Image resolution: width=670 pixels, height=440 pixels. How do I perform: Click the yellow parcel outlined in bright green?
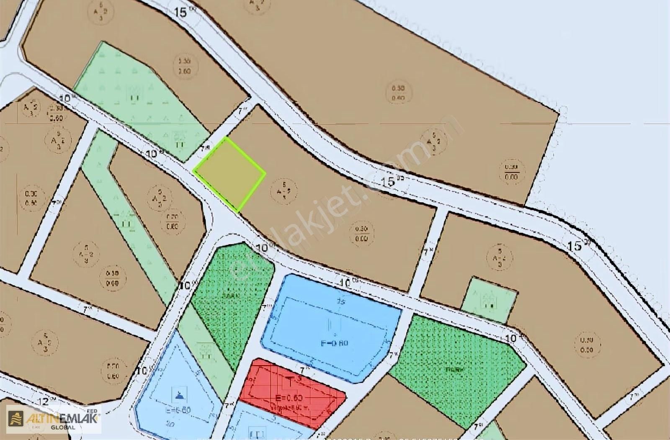coord(229,173)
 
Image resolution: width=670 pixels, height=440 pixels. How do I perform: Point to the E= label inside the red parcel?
coord(289,397)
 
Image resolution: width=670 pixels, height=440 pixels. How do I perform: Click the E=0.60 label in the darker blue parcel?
coord(334,343)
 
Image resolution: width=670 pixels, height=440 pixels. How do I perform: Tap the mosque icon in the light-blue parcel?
coord(180,394)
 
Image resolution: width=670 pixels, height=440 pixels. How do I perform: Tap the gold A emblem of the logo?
coord(16,417)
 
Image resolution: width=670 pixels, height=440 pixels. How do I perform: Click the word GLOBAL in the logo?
coord(63,427)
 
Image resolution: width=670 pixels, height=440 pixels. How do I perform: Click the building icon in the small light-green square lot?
coord(488,301)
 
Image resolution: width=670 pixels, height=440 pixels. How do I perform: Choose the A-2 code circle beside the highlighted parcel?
coord(284,190)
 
